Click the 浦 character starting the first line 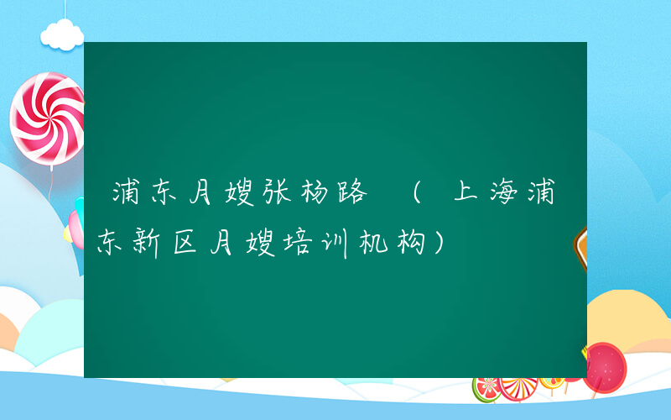[127, 194]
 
